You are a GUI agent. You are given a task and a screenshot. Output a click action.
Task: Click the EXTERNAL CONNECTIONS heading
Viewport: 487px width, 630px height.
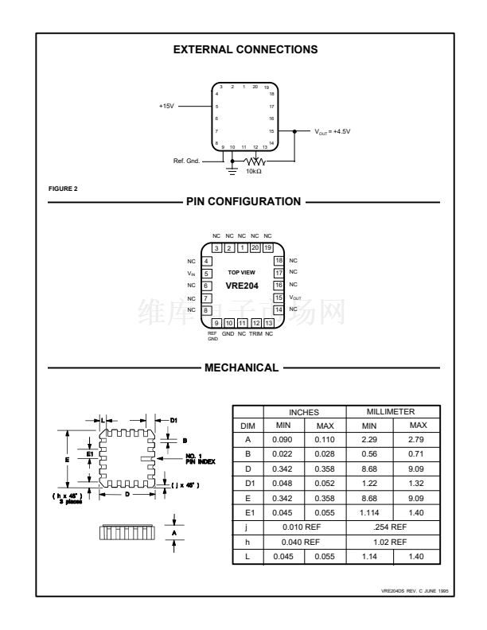point(245,49)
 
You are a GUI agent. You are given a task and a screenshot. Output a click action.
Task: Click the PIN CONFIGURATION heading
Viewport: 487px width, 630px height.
point(243,201)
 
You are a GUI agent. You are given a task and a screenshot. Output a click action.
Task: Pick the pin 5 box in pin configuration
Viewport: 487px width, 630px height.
point(206,273)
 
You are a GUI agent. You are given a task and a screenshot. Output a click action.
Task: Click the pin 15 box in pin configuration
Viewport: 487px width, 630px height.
point(279,297)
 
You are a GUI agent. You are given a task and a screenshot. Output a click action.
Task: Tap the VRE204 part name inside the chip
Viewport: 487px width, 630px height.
point(242,285)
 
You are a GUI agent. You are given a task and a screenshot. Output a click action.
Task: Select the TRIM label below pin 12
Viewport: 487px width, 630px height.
point(255,332)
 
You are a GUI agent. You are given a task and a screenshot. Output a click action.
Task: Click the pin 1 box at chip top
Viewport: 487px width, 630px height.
point(243,248)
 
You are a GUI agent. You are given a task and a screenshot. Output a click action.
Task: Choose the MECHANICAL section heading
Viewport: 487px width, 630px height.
point(243,367)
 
